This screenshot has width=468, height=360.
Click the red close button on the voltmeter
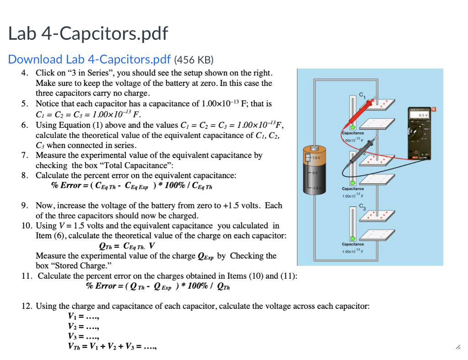click(x=435, y=109)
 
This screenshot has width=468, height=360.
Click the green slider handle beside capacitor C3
click(x=352, y=238)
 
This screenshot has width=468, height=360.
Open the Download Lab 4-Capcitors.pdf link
click(x=89, y=59)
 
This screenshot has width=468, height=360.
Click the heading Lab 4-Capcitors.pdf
click(x=88, y=33)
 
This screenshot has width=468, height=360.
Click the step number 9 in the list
click(x=26, y=206)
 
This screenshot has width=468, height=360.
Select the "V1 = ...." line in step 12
click(x=83, y=316)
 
